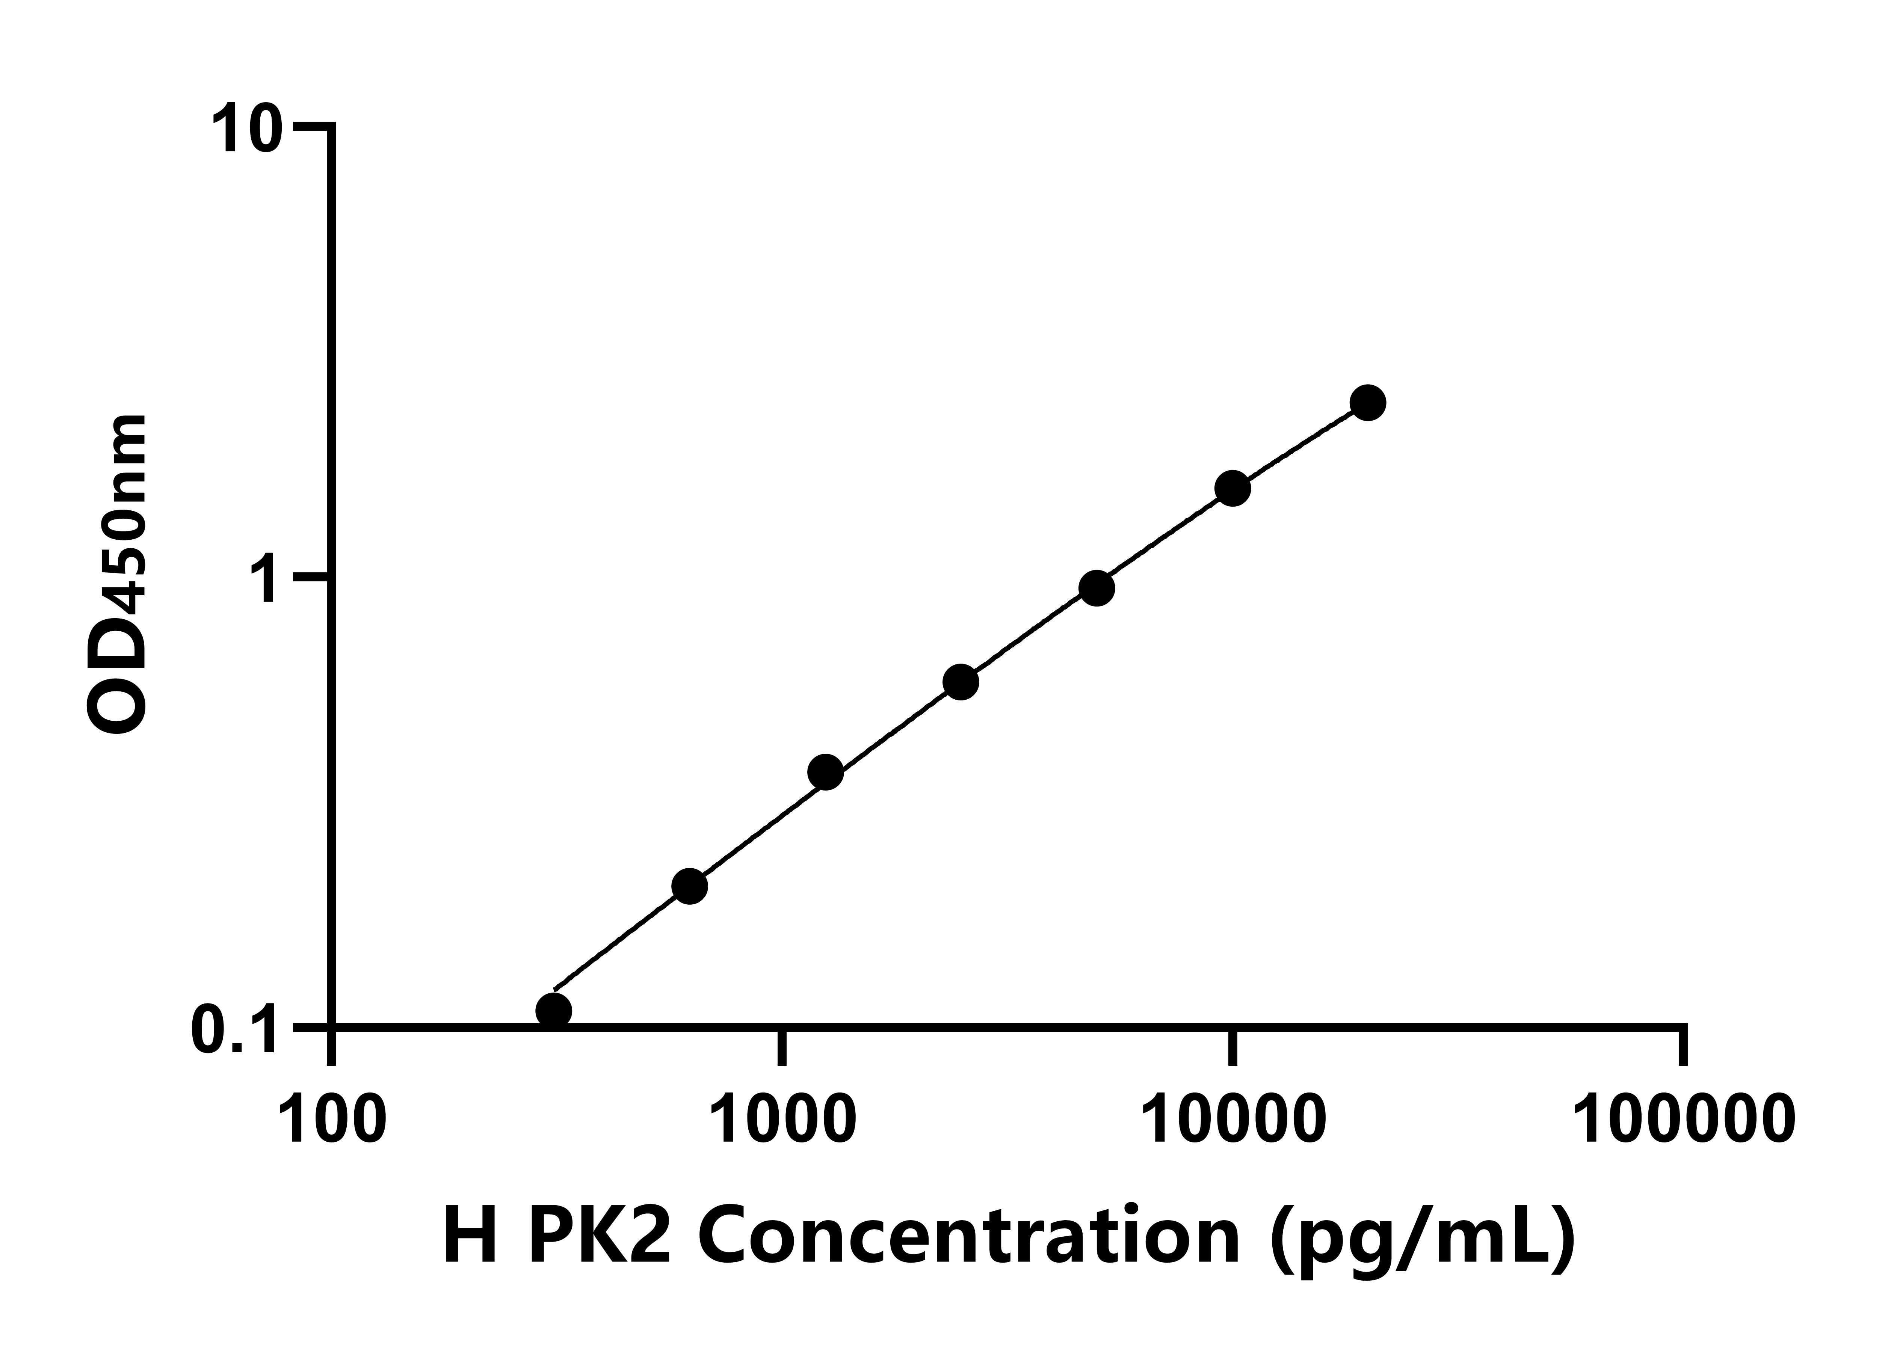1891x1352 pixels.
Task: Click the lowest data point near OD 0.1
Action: [554, 1011]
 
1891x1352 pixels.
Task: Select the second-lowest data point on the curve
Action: [689, 886]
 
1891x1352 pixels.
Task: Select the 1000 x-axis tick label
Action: [784, 1122]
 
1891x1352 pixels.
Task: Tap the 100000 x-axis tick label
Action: [1682, 1122]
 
